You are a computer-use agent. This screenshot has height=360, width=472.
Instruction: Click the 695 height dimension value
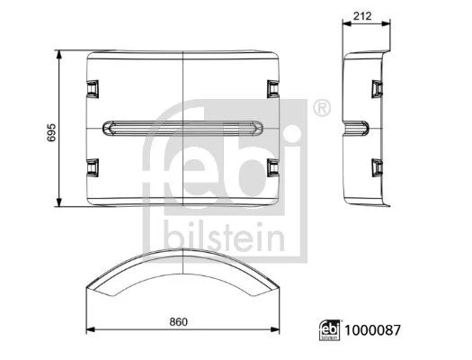51,132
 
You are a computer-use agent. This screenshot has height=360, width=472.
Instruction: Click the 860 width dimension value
178,322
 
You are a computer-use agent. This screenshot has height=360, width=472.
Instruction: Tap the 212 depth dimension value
362,16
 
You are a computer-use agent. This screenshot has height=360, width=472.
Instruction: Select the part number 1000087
373,330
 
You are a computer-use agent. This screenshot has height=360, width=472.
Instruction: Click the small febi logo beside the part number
329,330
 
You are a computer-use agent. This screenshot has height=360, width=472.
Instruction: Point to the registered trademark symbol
322,108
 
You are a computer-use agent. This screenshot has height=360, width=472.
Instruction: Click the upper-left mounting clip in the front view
93,89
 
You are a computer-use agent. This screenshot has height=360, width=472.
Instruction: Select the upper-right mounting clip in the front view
273,89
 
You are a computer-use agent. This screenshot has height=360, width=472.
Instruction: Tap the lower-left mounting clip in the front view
93,167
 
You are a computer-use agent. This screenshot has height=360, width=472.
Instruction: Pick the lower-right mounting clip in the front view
273,167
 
